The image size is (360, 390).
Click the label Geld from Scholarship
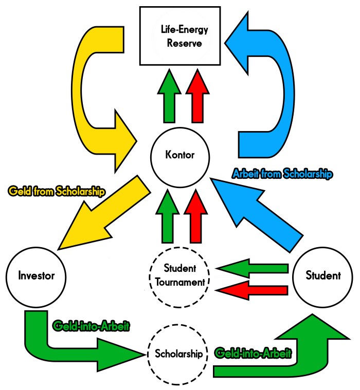coord(57,192)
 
